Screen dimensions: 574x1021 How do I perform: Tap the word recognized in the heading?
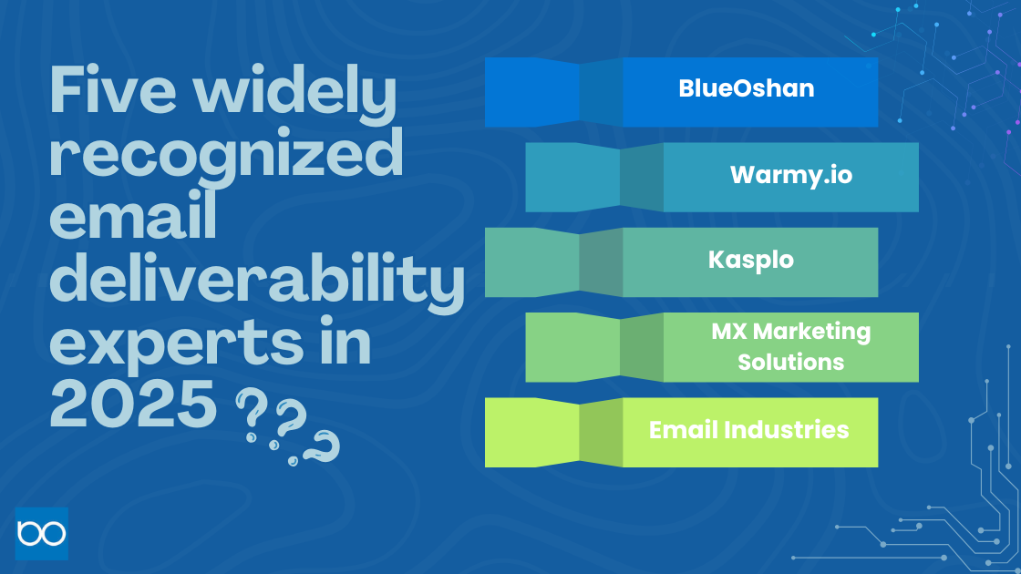tap(226, 156)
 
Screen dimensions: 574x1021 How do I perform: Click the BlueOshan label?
tap(746, 88)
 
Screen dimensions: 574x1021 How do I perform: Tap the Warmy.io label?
tap(790, 174)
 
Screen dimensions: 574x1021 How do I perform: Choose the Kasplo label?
tap(750, 260)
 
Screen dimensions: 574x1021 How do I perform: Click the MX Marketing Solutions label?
tap(790, 346)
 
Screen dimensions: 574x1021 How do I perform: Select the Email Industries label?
tap(748, 429)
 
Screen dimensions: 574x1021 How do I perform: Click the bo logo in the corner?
tap(42, 533)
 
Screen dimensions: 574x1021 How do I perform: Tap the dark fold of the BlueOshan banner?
tap(601, 92)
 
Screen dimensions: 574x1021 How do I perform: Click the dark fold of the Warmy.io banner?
tap(642, 178)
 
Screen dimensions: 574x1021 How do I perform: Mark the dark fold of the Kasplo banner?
tap(601, 262)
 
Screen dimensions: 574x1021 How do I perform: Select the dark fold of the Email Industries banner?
tap(601, 433)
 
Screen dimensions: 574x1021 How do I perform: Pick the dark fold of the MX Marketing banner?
tap(642, 348)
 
